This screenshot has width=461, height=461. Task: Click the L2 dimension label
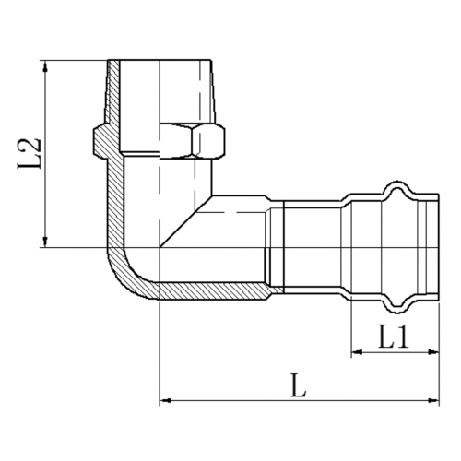[x=30, y=153]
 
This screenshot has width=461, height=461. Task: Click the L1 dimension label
[x=394, y=337]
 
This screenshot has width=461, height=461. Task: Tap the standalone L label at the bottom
[x=299, y=385]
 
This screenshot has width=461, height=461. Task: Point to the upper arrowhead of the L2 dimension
[x=45, y=66]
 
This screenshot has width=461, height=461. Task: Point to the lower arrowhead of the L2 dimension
[x=45, y=241]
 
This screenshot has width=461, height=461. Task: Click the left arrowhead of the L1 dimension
[x=357, y=352]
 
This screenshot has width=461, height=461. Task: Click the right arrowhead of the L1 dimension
[x=433, y=352]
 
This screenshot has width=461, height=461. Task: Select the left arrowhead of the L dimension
[x=166, y=400]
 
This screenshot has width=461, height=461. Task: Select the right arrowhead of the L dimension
[x=433, y=400]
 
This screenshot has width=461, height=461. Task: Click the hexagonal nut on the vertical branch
[x=193, y=141]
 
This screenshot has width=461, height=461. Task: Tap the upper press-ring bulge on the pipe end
[x=398, y=188]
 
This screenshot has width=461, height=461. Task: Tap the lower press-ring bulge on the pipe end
[x=398, y=305]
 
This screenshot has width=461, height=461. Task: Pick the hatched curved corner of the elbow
[x=129, y=277]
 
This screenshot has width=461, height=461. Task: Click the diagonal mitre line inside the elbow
[x=186, y=221]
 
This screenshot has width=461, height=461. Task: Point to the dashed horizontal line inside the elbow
[x=239, y=212]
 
